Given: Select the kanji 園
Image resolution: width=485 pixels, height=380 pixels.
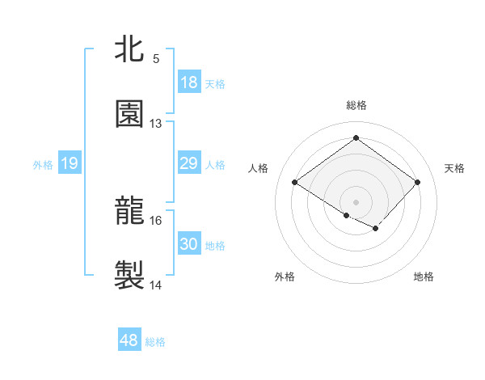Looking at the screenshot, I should click(x=129, y=114).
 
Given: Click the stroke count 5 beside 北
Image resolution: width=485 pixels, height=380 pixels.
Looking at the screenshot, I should click(x=156, y=59).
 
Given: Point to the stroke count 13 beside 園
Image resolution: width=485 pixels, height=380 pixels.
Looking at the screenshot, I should click(x=156, y=124).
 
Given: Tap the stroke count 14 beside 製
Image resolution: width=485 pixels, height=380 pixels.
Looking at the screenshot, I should click(x=156, y=285).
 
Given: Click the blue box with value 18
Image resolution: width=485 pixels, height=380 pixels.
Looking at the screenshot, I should click(x=188, y=82).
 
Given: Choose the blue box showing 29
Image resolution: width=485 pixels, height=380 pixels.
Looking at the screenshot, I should click(x=188, y=164).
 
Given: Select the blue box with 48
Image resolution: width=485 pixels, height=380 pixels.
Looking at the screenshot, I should click(x=129, y=341).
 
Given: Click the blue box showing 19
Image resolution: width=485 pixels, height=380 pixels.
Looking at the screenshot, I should click(x=70, y=164).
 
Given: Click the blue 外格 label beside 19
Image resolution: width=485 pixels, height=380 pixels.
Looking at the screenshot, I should click(x=43, y=165).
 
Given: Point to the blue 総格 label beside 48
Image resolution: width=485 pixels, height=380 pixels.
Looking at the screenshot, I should click(x=155, y=342).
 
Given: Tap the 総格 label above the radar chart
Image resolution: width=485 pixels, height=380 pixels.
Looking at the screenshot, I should click(x=356, y=105).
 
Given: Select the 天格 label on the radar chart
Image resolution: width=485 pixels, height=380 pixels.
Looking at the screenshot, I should click(x=454, y=168).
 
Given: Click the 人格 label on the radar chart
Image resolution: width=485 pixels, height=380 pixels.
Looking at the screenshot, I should click(x=259, y=168).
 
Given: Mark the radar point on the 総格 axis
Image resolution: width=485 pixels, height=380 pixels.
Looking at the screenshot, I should click(x=356, y=137).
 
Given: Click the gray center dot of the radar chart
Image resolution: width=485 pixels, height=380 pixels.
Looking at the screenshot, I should click(x=356, y=201).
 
